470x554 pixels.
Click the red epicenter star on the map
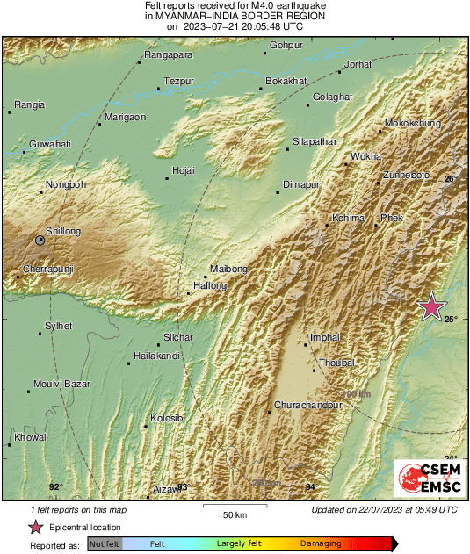pyautogui.click(x=431, y=306)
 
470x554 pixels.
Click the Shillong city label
pyautogui.click(x=62, y=231)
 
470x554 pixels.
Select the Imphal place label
pyautogui.click(x=326, y=337)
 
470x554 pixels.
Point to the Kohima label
pyautogui.click(x=348, y=218)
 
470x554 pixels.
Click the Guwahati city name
pyautogui.click(x=50, y=143)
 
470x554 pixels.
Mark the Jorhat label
pyautogui.click(x=358, y=64)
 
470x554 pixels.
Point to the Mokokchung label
pyautogui.click(x=413, y=125)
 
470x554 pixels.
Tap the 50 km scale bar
pyautogui.click(x=233, y=507)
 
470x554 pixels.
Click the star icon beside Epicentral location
pyautogui.click(x=35, y=528)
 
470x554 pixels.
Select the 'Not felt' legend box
pyautogui.click(x=105, y=544)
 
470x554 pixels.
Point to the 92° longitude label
pyautogui.click(x=56, y=486)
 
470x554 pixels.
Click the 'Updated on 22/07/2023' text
pyautogui.click(x=384, y=509)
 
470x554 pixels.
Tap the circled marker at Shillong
pyautogui.click(x=40, y=239)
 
